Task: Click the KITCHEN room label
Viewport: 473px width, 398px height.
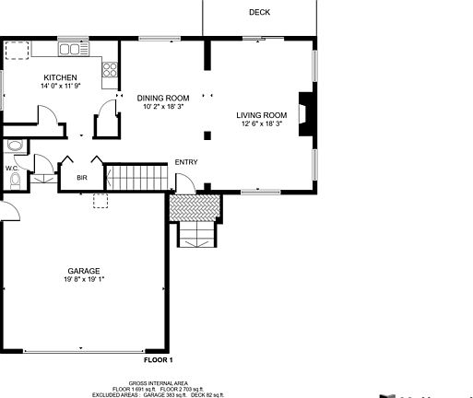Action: pos(60,77)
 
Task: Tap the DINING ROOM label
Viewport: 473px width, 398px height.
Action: pos(163,98)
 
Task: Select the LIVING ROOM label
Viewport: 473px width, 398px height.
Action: pos(262,114)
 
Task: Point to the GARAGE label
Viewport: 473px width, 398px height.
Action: pos(82,271)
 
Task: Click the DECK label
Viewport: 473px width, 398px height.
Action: pos(259,12)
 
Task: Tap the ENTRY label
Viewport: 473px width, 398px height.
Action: pos(186,163)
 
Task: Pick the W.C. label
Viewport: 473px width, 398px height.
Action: pos(12,169)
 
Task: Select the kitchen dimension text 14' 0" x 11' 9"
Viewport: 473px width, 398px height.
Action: pos(60,86)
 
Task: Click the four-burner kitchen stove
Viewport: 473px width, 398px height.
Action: pos(111,68)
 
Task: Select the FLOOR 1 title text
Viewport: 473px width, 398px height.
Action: pos(158,359)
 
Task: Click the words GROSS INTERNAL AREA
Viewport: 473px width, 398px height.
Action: pos(158,382)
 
